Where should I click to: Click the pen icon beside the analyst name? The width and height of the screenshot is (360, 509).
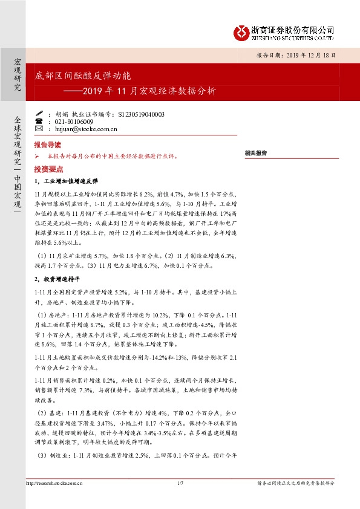[x=39, y=114]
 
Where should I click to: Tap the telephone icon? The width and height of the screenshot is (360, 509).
[x=39, y=122]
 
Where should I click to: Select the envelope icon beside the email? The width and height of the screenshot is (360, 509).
[x=39, y=129]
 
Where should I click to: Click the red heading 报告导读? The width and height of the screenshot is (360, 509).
[x=47, y=146]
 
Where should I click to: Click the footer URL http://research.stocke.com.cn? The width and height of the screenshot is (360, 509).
[x=54, y=483]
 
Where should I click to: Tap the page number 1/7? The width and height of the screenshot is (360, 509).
[x=180, y=483]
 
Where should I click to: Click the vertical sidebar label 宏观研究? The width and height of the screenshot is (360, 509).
[x=18, y=75]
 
